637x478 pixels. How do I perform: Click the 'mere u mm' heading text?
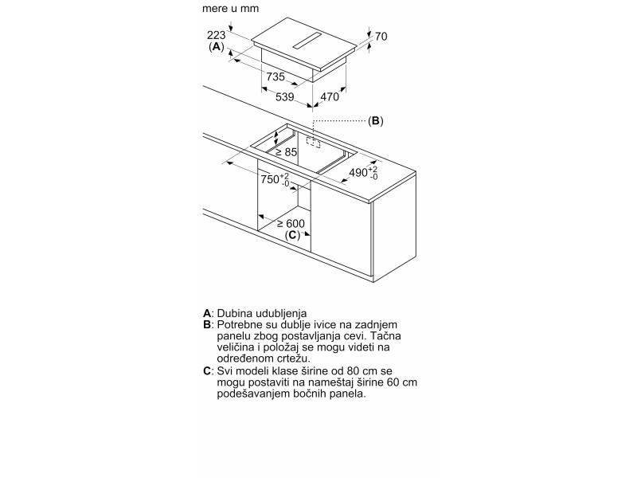coord(230,10)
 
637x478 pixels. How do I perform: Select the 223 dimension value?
coord(216,35)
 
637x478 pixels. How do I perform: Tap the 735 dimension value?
coord(276,77)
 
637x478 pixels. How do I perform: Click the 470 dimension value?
coord(329,97)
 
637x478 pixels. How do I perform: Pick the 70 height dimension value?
coord(381,36)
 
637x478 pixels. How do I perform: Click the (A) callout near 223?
coord(217,47)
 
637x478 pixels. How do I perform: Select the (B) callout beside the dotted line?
coord(375,121)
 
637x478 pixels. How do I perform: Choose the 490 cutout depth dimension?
coord(363,172)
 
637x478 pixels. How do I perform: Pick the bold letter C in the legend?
coord(207,371)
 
